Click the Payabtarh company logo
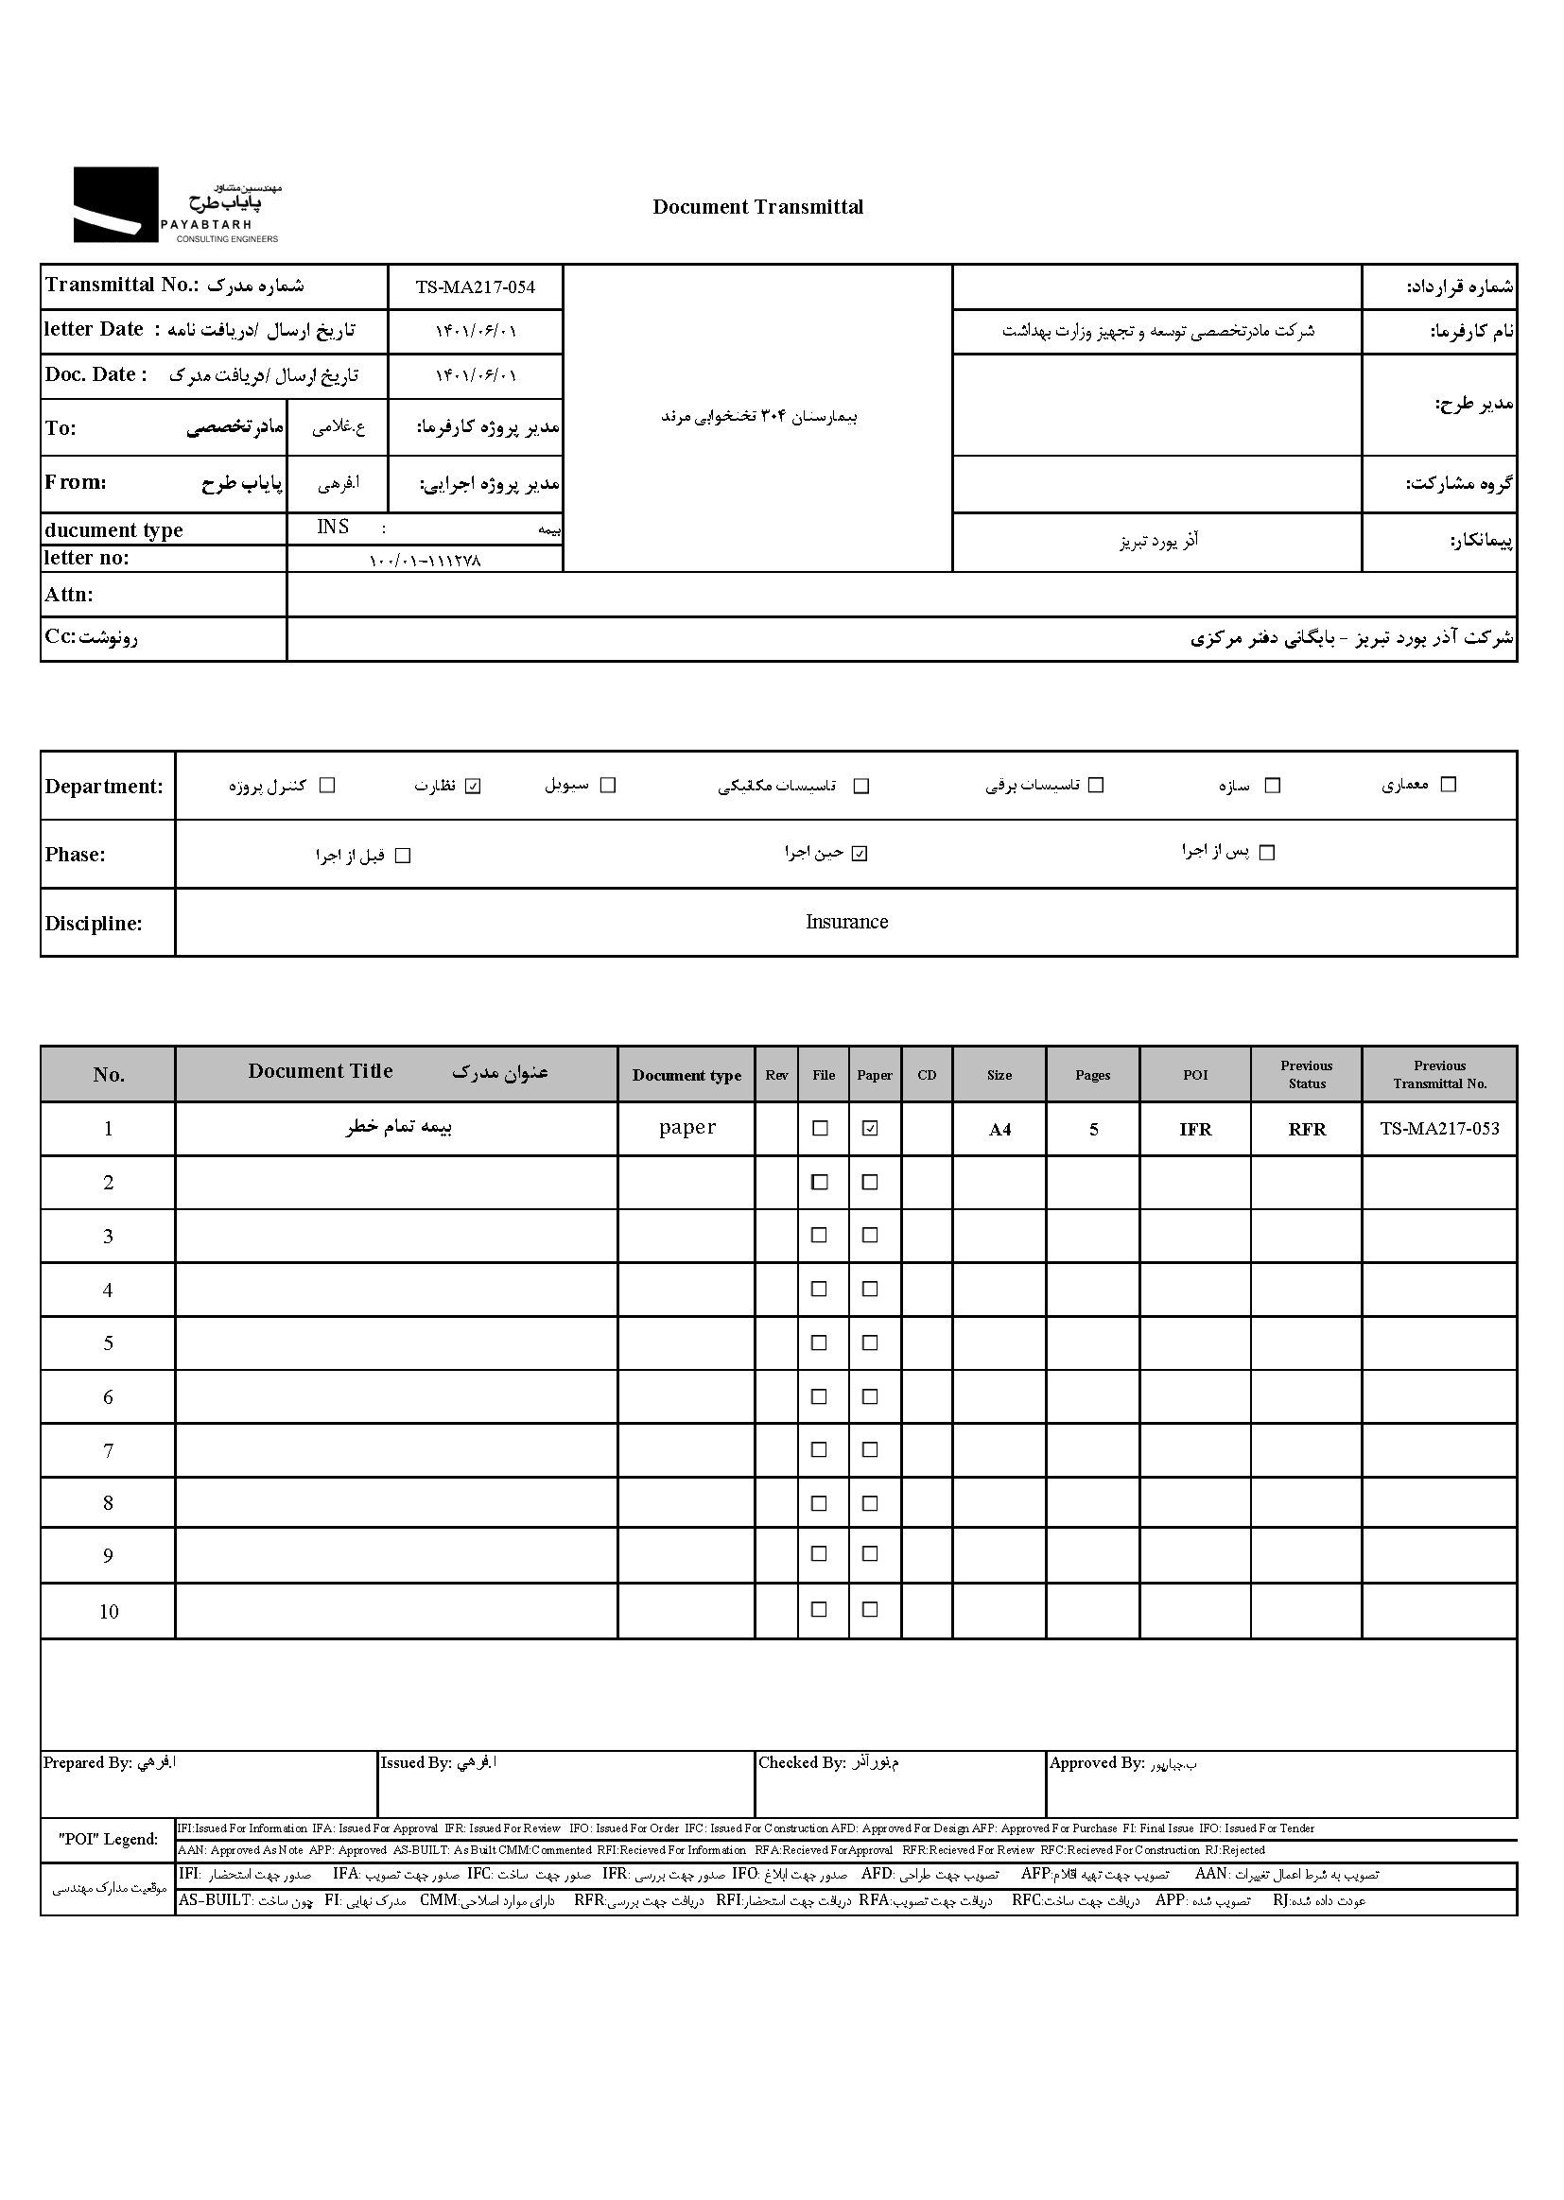tap(177, 204)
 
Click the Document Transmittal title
tap(758, 207)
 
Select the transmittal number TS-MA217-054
tap(475, 286)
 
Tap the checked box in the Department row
tap(473, 786)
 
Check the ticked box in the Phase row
tap(860, 853)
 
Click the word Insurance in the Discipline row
tap(846, 922)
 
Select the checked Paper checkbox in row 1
tap(870, 1129)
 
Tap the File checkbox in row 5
tap(820, 1343)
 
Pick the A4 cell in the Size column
tap(999, 1130)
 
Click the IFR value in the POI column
tap(1195, 1130)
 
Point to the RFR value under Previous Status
tap(1307, 1130)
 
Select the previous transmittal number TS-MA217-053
tap(1439, 1129)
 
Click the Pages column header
tap(1093, 1075)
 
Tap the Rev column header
tap(776, 1075)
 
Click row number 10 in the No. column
tap(109, 1612)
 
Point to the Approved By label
tap(1096, 1763)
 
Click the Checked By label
tap(801, 1763)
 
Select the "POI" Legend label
tap(108, 1839)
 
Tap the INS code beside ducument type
tap(333, 528)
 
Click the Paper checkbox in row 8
tap(870, 1503)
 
